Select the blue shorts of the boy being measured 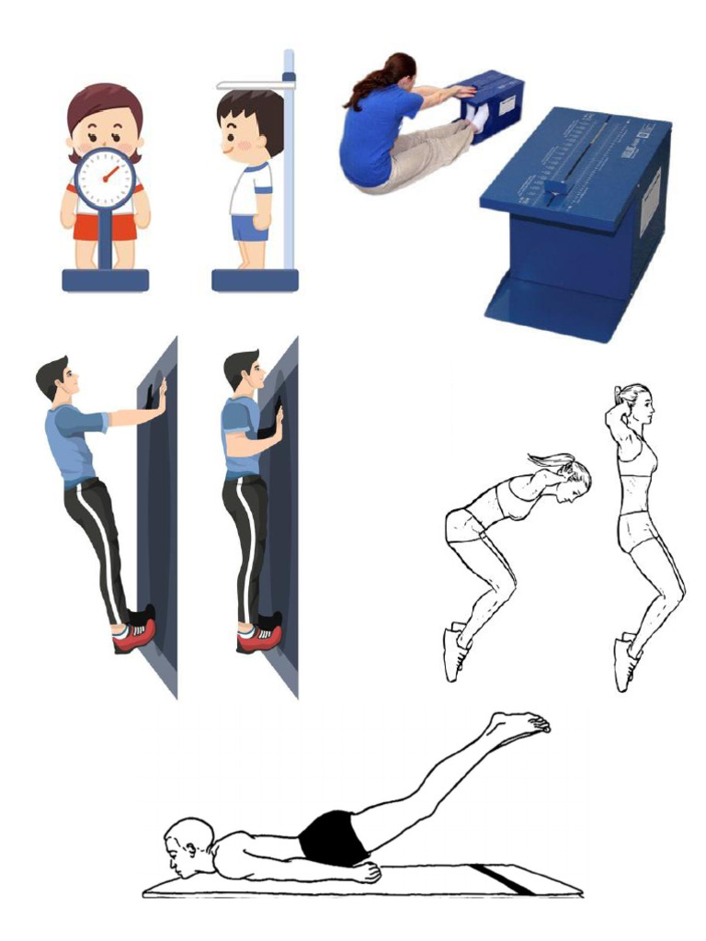(248, 227)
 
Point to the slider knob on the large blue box (555, 187)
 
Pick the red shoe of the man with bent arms (259, 636)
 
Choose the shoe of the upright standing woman (624, 663)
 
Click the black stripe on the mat (502, 879)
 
